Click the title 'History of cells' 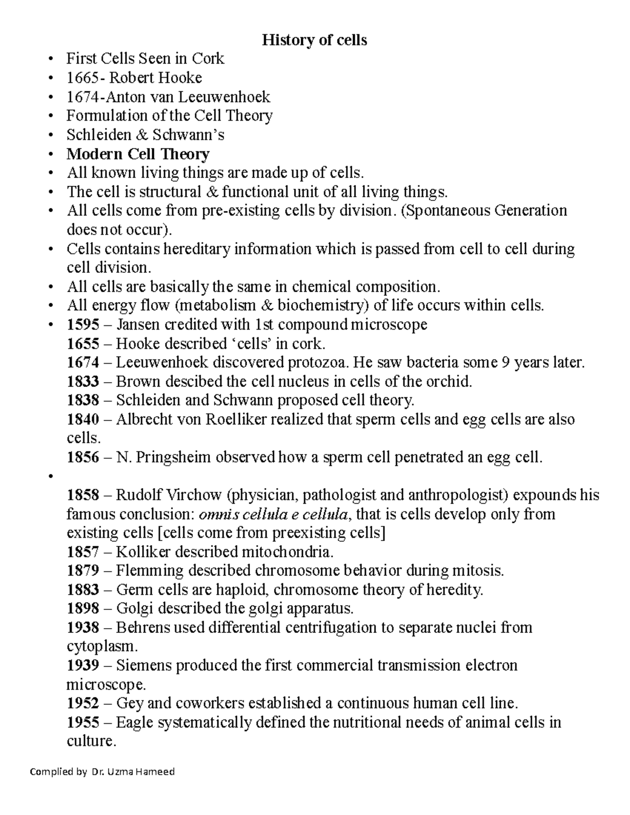314,40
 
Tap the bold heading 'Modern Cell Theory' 138,154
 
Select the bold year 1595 83,325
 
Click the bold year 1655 83,344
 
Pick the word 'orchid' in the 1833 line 448,382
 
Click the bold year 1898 83,609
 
